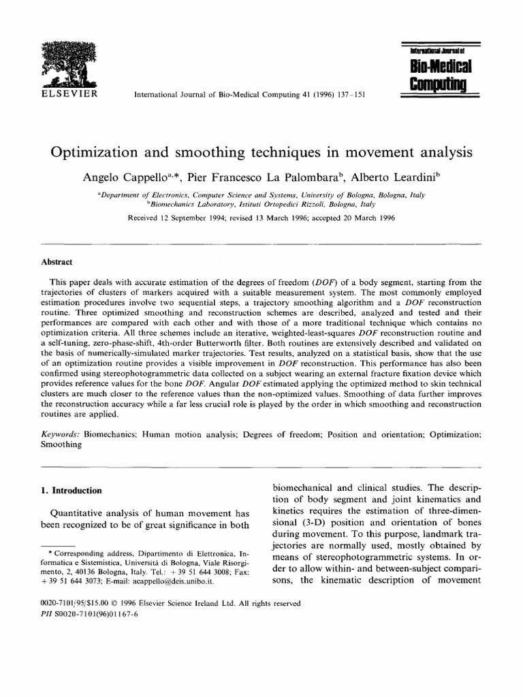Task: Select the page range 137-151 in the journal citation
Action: pyautogui.click(x=350, y=94)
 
